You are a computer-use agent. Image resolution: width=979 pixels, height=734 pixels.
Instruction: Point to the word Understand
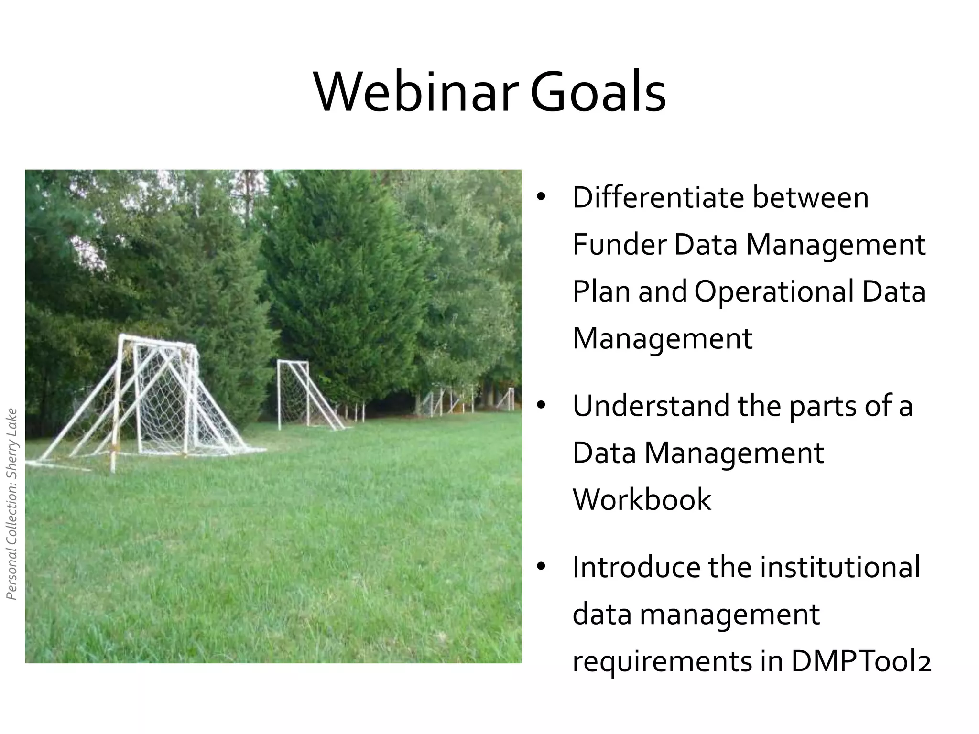(651, 406)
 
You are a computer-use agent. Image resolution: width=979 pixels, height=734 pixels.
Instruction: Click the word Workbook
(642, 500)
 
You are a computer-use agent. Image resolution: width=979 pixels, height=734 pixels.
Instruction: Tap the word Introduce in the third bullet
(635, 567)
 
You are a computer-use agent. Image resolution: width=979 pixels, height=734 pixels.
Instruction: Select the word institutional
(839, 567)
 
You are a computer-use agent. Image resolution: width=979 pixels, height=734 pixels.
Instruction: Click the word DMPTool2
(861, 662)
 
